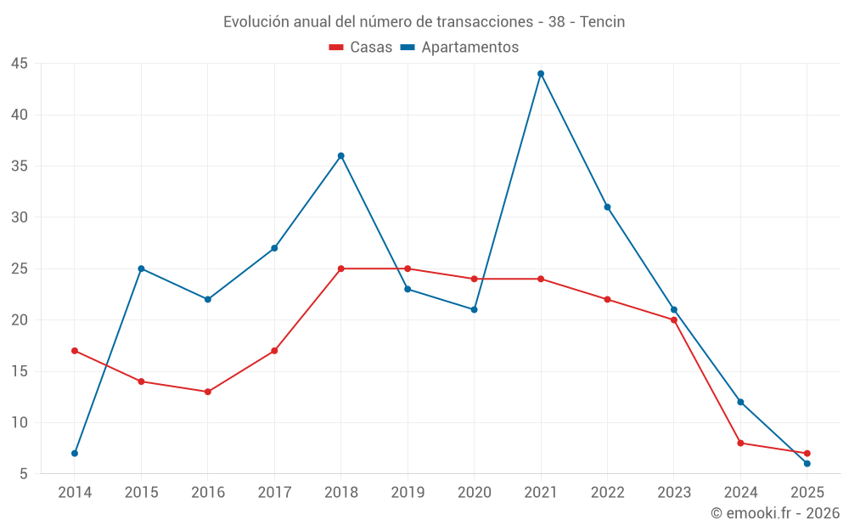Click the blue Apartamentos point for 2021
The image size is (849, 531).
pos(541,74)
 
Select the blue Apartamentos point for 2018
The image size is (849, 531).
pos(341,155)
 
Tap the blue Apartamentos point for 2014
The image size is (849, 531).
pos(75,453)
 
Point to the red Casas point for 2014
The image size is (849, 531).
pos(75,351)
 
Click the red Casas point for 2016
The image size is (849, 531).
pos(208,392)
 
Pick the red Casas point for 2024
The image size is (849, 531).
pos(740,443)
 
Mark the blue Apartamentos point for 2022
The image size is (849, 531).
pos(607,207)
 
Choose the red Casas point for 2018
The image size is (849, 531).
pos(341,268)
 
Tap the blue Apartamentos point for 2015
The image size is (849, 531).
pos(141,268)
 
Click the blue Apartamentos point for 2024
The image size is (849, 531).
pos(740,402)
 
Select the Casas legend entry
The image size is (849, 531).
pos(361,48)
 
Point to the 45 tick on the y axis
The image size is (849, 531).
pos(20,64)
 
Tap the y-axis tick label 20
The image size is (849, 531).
pos(20,320)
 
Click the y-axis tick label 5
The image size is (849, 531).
pos(24,473)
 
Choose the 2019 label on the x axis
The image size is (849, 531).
pos(408,493)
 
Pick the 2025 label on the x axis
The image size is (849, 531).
pos(807,493)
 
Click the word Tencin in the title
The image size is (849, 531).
pos(602,22)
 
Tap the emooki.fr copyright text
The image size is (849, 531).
pos(775,513)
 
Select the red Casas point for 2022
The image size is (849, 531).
pos(607,299)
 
